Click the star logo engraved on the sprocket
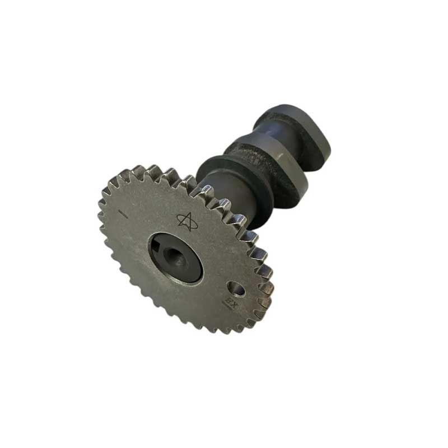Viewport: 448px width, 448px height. pos(187,221)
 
